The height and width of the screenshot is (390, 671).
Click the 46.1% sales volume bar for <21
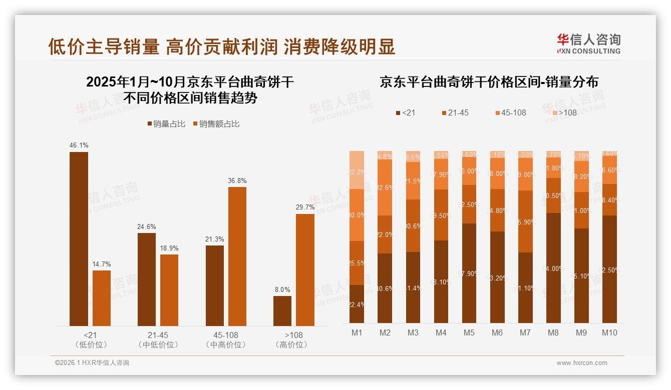[79, 239]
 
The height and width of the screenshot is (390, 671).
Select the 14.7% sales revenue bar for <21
[102, 298]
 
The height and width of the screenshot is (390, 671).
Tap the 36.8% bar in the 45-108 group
[237, 256]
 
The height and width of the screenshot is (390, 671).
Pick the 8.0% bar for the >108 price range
[282, 311]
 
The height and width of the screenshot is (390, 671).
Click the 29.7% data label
[305, 207]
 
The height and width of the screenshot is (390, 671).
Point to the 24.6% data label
[146, 226]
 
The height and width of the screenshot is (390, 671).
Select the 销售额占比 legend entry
[216, 123]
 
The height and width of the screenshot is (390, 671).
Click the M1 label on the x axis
[357, 332]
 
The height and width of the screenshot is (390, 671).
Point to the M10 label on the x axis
[609, 332]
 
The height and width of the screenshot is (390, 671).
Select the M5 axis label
[469, 332]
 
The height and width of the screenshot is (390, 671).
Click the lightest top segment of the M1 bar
[357, 169]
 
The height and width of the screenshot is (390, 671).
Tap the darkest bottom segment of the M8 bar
[553, 268]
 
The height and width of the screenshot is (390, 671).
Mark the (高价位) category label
[291, 344]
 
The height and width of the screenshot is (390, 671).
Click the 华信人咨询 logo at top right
[588, 43]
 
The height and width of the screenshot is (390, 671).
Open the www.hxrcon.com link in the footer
[582, 363]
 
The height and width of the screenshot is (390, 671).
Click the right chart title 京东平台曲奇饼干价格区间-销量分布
[489, 82]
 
